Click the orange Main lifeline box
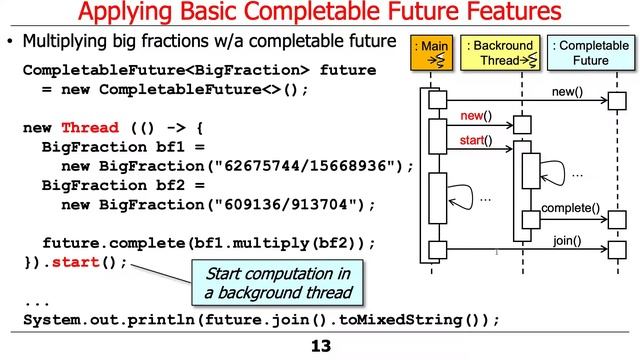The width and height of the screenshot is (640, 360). [x=433, y=52]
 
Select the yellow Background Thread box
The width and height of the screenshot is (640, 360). [x=501, y=52]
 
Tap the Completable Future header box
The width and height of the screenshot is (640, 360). [x=583, y=52]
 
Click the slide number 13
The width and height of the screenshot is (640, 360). [x=319, y=346]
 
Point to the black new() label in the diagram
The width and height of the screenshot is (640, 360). [x=568, y=93]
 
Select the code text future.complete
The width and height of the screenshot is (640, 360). [x=108, y=243]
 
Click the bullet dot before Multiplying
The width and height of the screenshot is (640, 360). [x=11, y=46]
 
